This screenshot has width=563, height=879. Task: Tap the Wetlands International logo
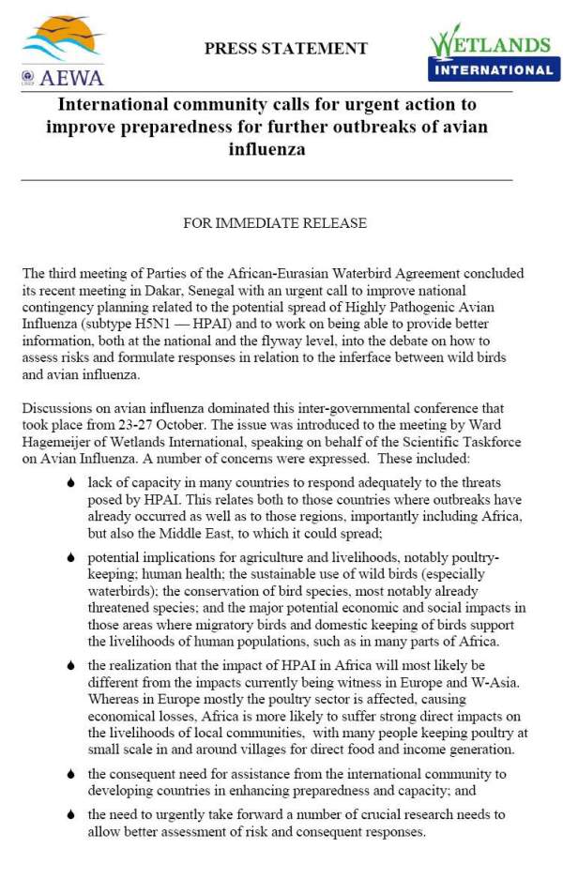click(491, 53)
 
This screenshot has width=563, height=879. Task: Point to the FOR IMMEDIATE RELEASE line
click(274, 223)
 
